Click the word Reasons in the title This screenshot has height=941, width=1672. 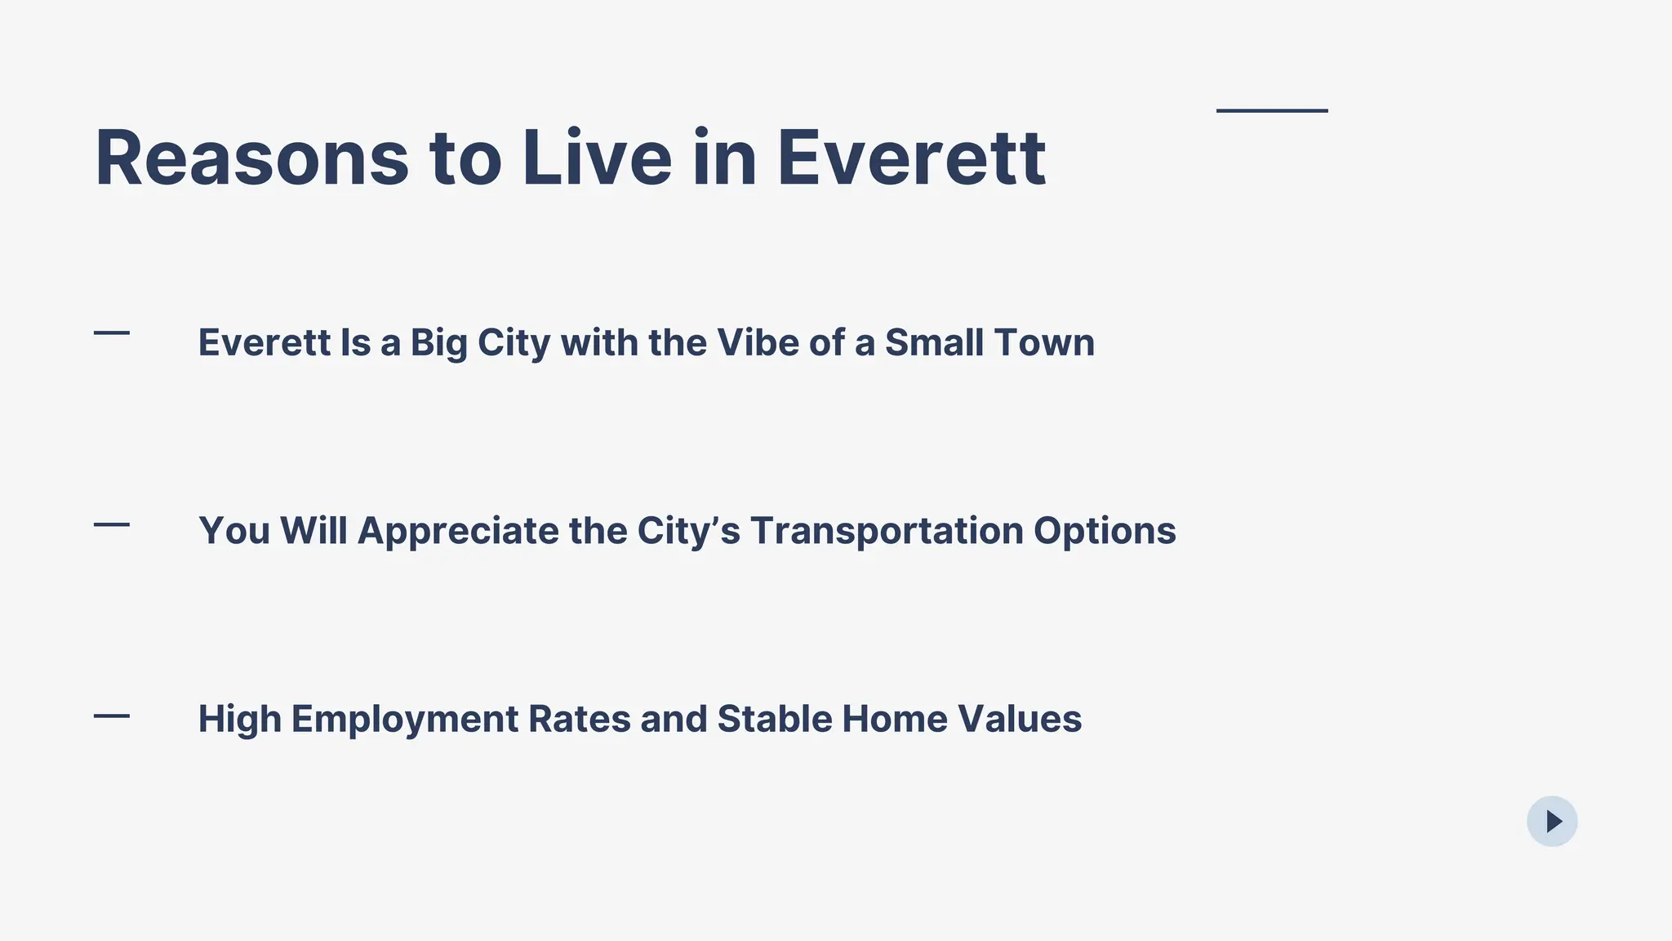251,158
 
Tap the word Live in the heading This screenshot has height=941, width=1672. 597,158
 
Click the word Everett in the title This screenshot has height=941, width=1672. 911,158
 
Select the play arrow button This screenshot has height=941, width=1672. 1552,821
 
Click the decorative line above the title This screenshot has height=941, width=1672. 1272,110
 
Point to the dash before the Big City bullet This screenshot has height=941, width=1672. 112,332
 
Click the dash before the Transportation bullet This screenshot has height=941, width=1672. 112,524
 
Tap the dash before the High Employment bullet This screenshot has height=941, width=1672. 112,716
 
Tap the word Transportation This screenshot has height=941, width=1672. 887,532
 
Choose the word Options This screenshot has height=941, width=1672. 1105,532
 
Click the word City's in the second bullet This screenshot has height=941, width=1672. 689,532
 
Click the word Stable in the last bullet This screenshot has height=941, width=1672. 775,719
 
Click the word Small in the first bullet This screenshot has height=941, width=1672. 934,342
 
